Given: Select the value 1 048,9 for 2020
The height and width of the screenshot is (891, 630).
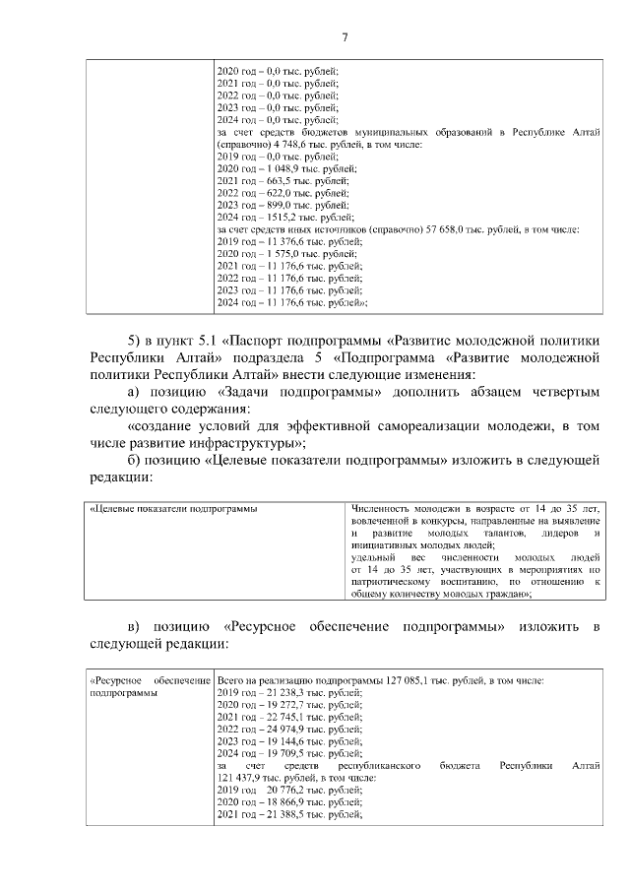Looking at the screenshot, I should point(275,168).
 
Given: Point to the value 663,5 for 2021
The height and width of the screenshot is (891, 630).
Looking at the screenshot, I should point(269,181).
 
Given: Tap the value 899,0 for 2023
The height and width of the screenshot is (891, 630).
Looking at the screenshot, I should point(269,205).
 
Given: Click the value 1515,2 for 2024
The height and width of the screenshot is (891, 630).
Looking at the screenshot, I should point(271,218).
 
